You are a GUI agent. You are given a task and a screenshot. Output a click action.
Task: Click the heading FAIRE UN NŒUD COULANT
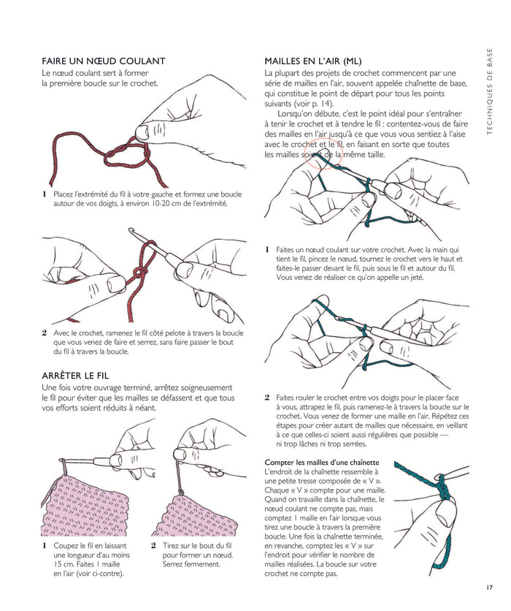click(104, 61)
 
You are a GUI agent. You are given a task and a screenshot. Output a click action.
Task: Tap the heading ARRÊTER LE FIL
click(75, 376)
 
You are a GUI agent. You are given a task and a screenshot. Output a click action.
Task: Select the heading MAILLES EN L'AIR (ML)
click(313, 61)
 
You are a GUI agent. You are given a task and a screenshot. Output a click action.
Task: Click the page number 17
click(489, 587)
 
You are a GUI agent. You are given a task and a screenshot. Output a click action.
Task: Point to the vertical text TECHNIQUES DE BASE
click(490, 91)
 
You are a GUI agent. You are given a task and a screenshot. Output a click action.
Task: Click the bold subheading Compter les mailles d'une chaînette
click(322, 463)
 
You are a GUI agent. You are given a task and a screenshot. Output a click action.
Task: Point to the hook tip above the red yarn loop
click(131, 231)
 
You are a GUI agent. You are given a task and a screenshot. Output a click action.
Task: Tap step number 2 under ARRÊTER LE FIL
click(153, 545)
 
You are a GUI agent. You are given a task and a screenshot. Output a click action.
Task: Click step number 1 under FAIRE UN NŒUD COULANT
click(45, 194)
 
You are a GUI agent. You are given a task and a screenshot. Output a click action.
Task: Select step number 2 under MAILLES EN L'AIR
click(267, 398)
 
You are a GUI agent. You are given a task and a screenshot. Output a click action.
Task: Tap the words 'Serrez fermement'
click(191, 564)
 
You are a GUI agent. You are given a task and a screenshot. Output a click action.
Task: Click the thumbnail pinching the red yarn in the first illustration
click(142, 132)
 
